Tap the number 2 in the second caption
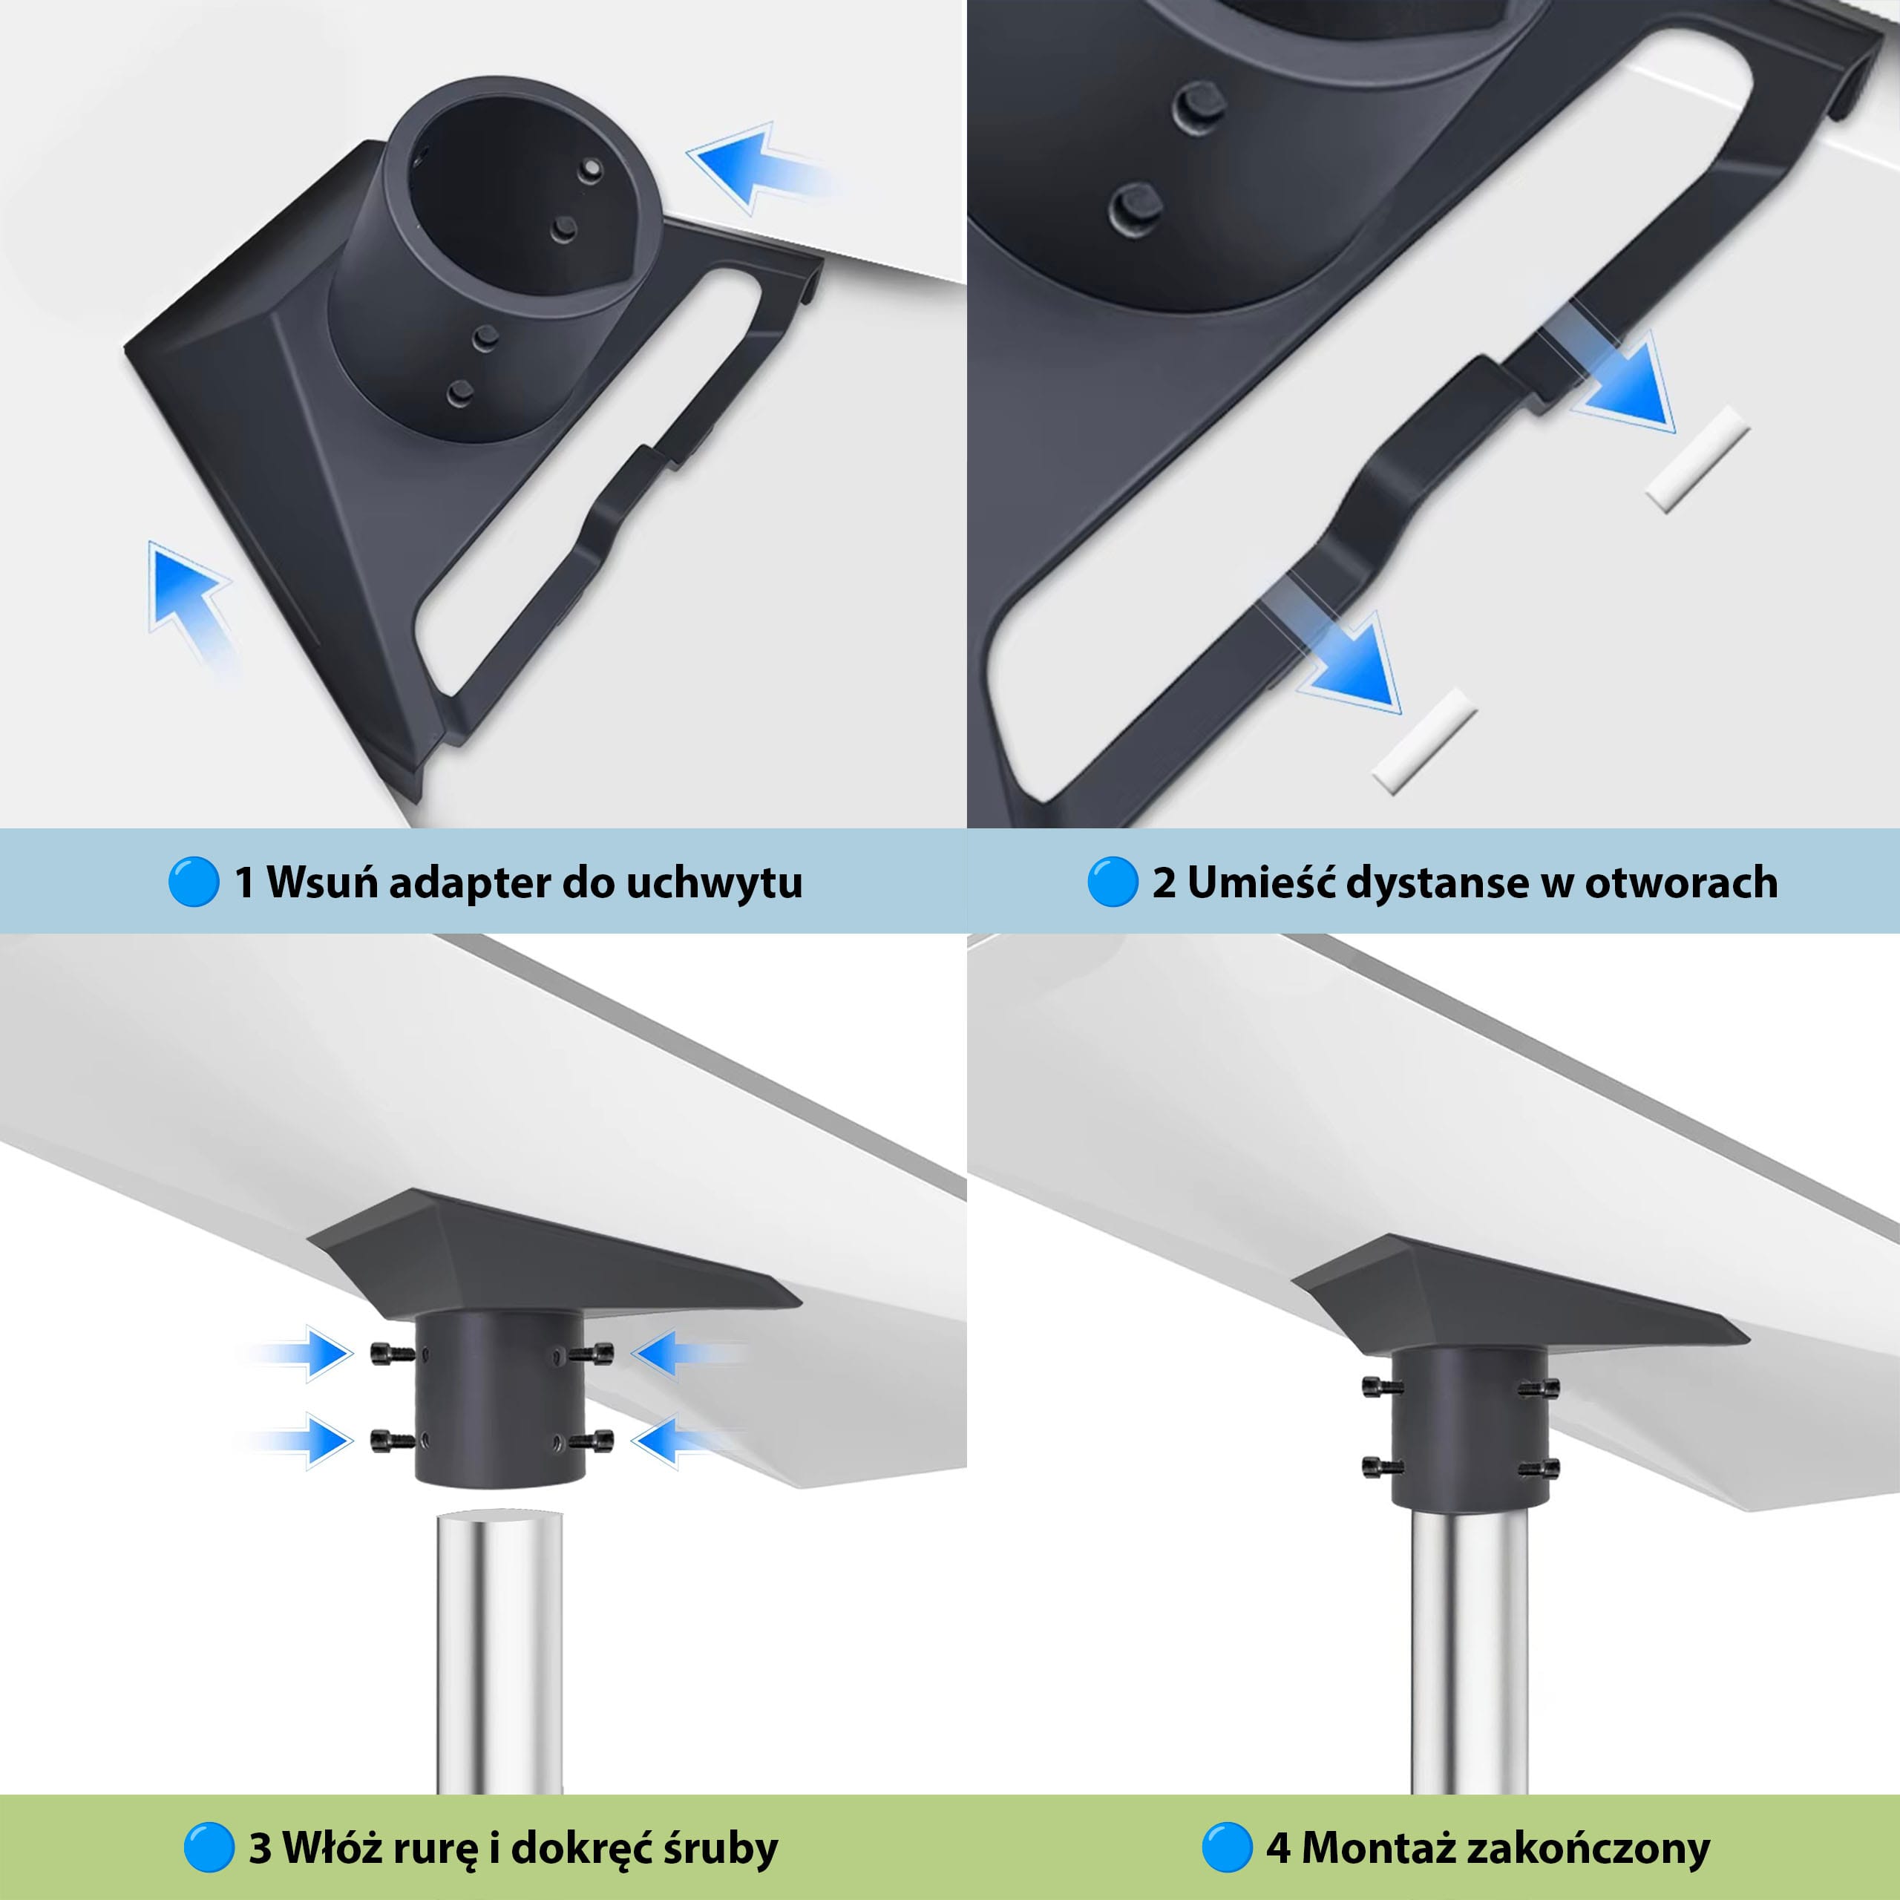tap(1164, 882)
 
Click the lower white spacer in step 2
tap(1425, 739)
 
